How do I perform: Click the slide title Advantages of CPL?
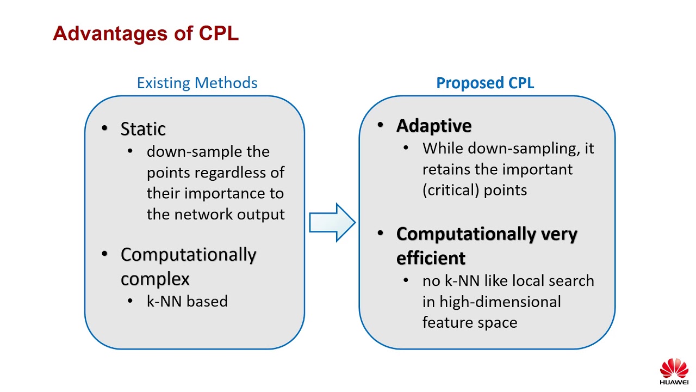tap(146, 34)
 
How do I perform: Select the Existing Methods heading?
tap(197, 83)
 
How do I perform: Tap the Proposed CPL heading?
tap(485, 83)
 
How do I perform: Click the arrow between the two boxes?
tap(332, 222)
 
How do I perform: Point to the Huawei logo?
tap(674, 371)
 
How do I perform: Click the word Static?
tap(143, 129)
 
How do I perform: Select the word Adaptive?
tap(434, 126)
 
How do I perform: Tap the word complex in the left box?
tap(155, 279)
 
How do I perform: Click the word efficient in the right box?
tap(431, 258)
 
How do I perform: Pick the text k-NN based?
tap(187, 301)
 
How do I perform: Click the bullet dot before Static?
tap(105, 128)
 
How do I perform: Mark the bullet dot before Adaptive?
tap(381, 125)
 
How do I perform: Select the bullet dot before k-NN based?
tap(130, 301)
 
